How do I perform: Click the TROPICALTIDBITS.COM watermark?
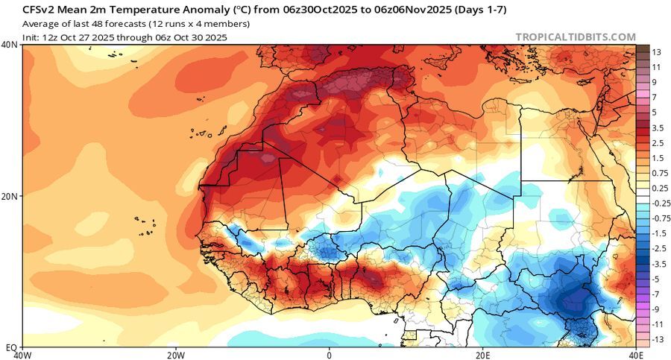pyautogui.click(x=576, y=37)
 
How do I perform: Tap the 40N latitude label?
pyautogui.click(x=10, y=45)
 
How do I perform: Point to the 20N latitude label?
pyautogui.click(x=10, y=197)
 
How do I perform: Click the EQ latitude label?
pyautogui.click(x=9, y=347)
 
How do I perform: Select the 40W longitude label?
pyautogui.click(x=22, y=354)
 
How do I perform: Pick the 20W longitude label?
pyautogui.click(x=175, y=354)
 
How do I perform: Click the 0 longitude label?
pyautogui.click(x=329, y=354)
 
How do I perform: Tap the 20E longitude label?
pyautogui.click(x=482, y=354)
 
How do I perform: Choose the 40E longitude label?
pyautogui.click(x=634, y=354)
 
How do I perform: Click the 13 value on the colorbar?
pyautogui.click(x=656, y=52)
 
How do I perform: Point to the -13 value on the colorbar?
pyautogui.click(x=655, y=340)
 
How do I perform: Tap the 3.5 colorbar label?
pyautogui.click(x=658, y=128)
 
